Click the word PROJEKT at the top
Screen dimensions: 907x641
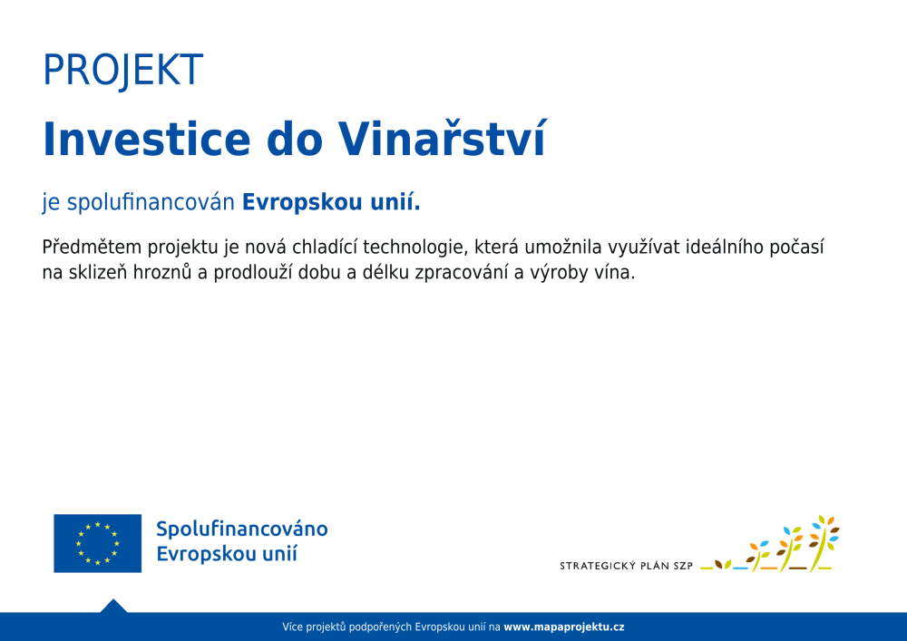pyautogui.click(x=122, y=71)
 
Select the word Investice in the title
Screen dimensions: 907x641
pyautogui.click(x=146, y=140)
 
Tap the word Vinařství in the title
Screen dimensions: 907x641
pyautogui.click(x=442, y=139)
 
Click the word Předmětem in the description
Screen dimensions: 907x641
pyautogui.click(x=92, y=248)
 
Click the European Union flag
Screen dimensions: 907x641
pyautogui.click(x=97, y=543)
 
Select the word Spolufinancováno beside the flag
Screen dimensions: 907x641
pyautogui.click(x=242, y=529)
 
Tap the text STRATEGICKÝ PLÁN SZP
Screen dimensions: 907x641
pyautogui.click(x=626, y=566)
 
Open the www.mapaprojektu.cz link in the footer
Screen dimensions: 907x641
pyautogui.click(x=564, y=627)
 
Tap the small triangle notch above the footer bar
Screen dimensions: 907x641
pyautogui.click(x=113, y=606)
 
